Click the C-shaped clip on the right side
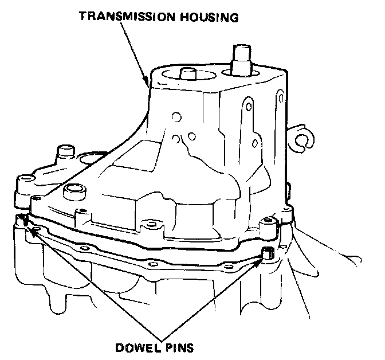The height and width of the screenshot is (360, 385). [301, 139]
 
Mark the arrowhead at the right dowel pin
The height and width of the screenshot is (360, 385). [261, 259]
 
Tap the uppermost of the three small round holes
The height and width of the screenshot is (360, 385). [172, 118]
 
